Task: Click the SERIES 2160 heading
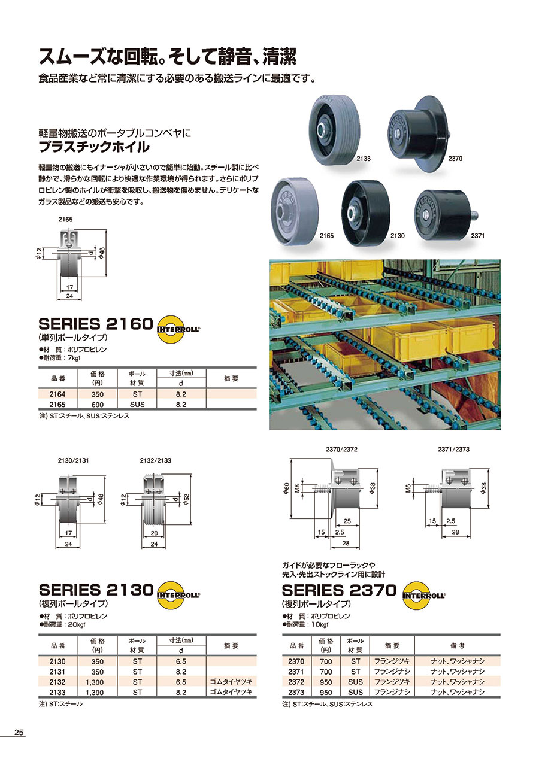(x=96, y=324)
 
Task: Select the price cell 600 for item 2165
(x=97, y=405)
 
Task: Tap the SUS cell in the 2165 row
(x=137, y=405)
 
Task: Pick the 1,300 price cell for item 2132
(x=95, y=682)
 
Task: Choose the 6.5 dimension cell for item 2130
(x=181, y=661)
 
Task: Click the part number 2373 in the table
(x=296, y=692)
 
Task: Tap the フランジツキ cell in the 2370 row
(x=392, y=661)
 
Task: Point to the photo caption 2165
(x=326, y=236)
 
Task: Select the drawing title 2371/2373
(x=453, y=450)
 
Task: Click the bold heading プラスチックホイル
(x=94, y=147)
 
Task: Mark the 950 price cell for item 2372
(x=326, y=682)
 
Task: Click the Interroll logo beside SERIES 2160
(x=178, y=329)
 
